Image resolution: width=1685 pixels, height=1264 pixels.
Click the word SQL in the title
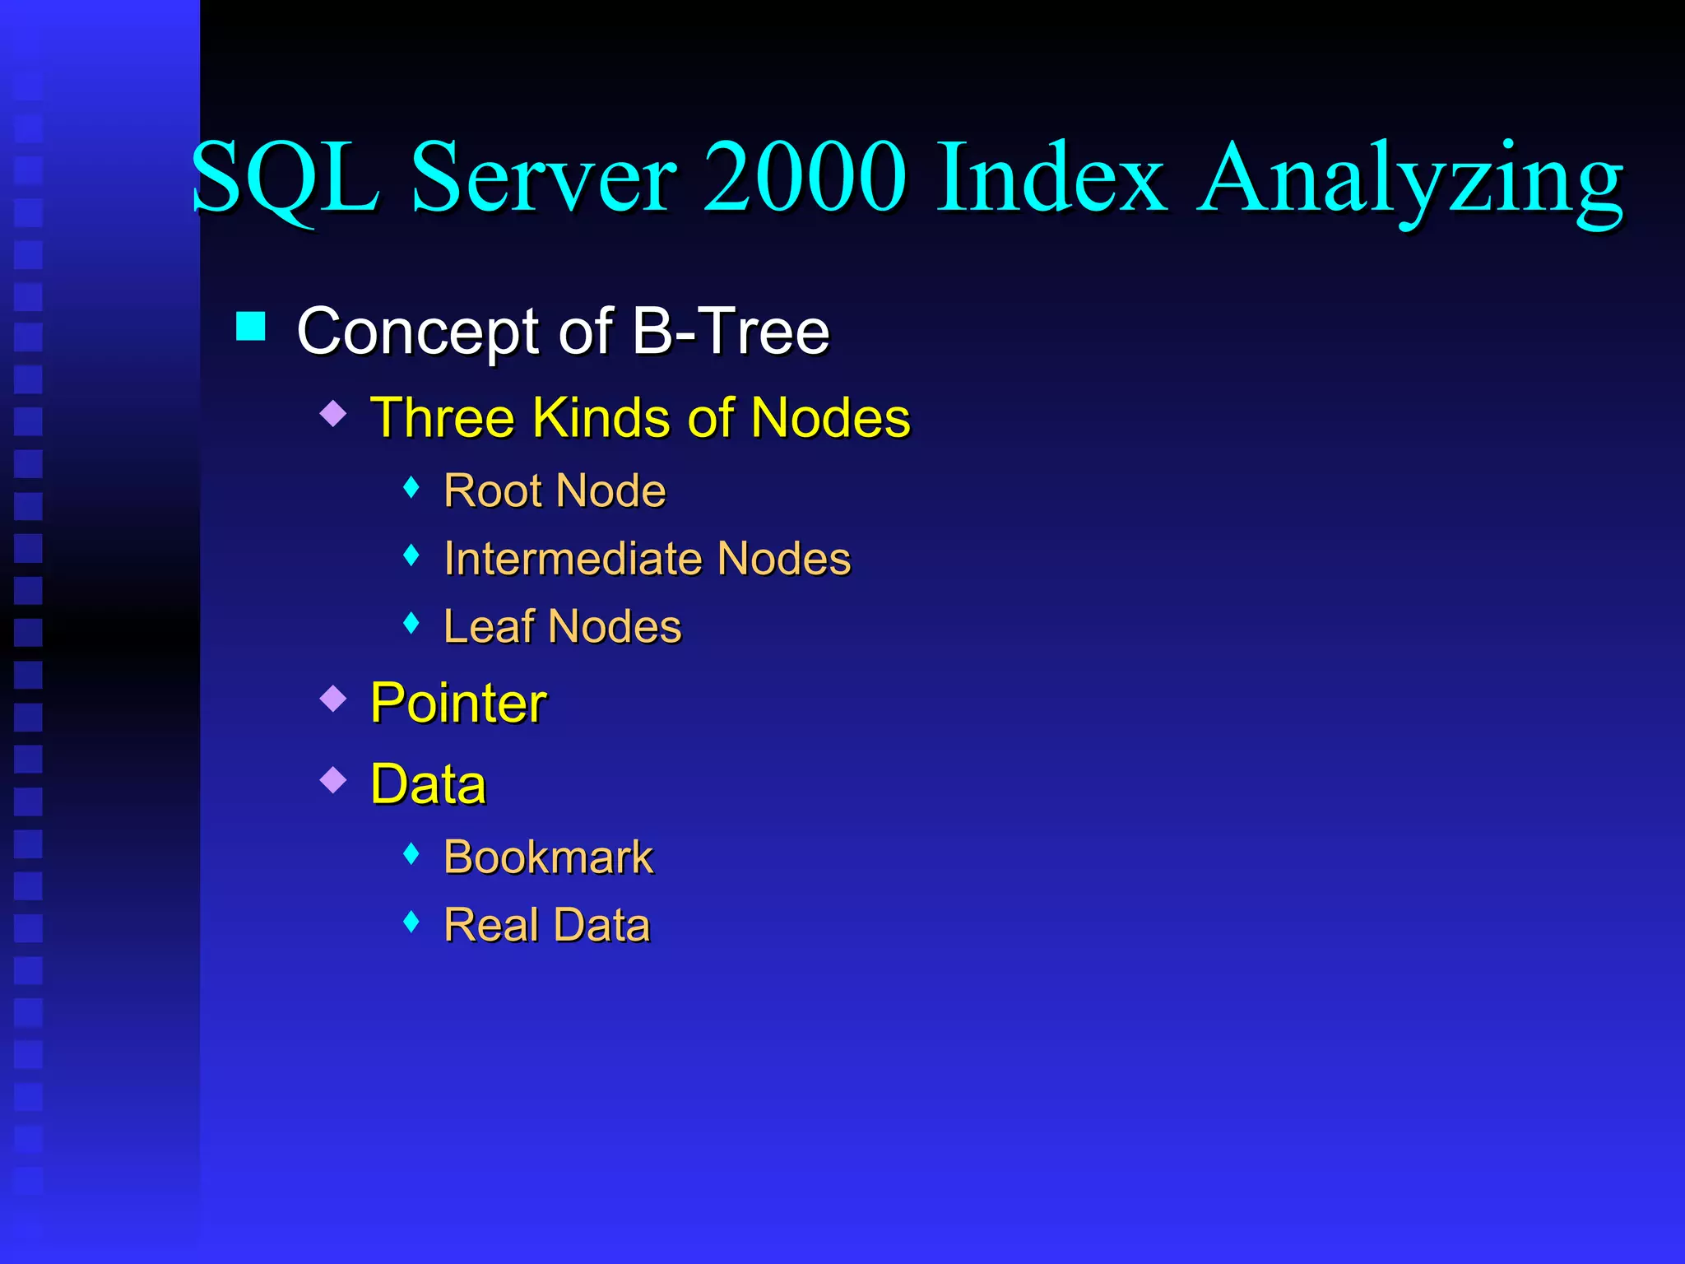(x=285, y=178)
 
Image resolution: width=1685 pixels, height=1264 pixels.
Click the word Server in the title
(x=543, y=176)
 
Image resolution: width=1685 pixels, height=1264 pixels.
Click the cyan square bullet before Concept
(x=251, y=326)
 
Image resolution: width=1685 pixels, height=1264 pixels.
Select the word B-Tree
(x=731, y=331)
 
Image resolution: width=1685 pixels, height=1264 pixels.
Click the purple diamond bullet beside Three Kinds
(x=333, y=412)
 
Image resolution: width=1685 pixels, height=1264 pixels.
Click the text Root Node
(x=554, y=490)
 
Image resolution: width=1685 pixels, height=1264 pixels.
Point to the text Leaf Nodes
(x=562, y=626)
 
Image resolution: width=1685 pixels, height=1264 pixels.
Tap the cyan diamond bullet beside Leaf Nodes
(x=411, y=623)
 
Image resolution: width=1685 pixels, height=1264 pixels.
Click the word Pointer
(x=458, y=703)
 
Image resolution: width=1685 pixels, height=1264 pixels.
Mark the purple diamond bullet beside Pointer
(x=333, y=698)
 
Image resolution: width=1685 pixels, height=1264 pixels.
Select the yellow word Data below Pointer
(x=428, y=783)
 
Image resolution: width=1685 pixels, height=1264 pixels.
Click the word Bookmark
(x=548, y=857)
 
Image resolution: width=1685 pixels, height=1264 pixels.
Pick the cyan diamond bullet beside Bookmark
(x=411, y=854)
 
